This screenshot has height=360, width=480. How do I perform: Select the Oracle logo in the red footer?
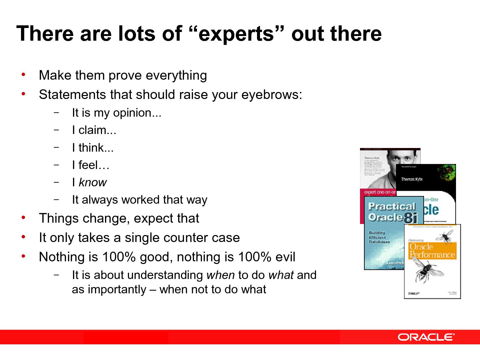[426, 337]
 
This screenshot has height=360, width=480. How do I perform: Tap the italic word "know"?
[92, 182]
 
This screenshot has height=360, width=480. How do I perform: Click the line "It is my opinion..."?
[116, 113]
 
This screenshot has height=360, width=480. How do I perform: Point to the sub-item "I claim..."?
[94, 130]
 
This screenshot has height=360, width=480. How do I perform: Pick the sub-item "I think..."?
[93, 148]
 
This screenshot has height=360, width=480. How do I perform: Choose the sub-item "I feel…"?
[90, 165]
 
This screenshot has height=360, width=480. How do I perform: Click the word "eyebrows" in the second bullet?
[271, 95]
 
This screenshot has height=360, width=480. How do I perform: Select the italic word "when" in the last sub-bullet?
[221, 275]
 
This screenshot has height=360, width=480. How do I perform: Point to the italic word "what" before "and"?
[281, 275]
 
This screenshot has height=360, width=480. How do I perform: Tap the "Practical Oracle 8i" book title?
[392, 212]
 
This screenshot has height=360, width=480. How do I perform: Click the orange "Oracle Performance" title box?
[432, 251]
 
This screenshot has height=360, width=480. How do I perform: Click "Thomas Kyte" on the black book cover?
[412, 179]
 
